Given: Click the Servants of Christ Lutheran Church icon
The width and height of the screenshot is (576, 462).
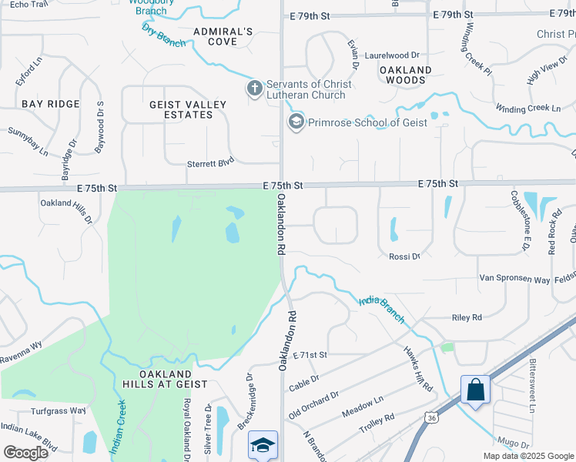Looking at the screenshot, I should tap(255, 89).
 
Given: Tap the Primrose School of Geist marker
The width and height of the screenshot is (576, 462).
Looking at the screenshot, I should tap(296, 122).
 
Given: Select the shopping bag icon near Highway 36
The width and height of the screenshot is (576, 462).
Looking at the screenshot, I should tap(476, 390).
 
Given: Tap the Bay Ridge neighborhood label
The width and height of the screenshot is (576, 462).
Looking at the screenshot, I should tap(51, 104).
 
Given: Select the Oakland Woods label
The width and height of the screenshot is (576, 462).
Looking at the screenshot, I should tap(405, 75).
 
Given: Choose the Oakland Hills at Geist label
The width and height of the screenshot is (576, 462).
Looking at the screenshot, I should tap(164, 378).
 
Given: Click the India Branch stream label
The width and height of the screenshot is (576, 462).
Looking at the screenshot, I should tap(381, 307).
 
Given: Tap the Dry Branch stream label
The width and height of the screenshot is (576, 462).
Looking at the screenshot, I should tap(163, 35).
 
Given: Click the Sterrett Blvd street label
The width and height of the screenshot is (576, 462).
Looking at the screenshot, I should tap(210, 163).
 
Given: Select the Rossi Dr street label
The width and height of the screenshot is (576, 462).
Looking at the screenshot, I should tap(404, 256).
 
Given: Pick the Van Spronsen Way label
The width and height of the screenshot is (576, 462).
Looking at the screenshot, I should tap(514, 278).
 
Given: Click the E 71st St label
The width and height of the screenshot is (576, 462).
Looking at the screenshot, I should tap(310, 354).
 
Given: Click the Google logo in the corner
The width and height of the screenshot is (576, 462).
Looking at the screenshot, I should tap(25, 452).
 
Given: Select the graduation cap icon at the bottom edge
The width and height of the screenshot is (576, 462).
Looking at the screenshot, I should tap(262, 445).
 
